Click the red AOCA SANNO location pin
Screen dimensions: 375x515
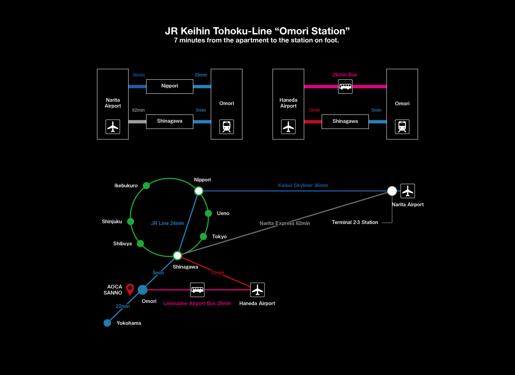click(x=130, y=289)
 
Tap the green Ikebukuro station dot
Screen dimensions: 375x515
click(x=147, y=185)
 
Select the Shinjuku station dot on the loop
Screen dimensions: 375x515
click(x=131, y=221)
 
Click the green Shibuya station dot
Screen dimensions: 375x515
click(x=140, y=243)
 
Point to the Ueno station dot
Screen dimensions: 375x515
click(x=208, y=213)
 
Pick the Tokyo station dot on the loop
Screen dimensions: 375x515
click(x=203, y=236)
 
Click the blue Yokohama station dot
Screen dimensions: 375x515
click(x=107, y=322)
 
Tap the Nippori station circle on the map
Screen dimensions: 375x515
click(x=199, y=191)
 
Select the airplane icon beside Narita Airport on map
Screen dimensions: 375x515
click(x=408, y=191)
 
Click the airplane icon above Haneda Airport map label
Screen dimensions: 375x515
click(x=257, y=290)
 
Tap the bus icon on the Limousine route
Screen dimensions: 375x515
click(x=197, y=290)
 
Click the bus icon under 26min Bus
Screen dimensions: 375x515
click(x=345, y=86)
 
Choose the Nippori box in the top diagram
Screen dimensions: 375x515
click(x=169, y=86)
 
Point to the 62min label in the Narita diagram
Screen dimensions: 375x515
click(x=139, y=110)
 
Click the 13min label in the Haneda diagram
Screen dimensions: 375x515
click(x=314, y=110)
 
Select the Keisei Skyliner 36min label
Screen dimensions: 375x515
click(x=303, y=186)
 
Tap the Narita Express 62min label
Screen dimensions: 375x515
click(x=285, y=223)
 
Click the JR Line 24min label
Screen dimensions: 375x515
click(x=168, y=223)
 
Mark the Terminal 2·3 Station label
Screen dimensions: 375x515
click(x=355, y=222)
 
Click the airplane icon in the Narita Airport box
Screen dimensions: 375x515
click(x=113, y=127)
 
